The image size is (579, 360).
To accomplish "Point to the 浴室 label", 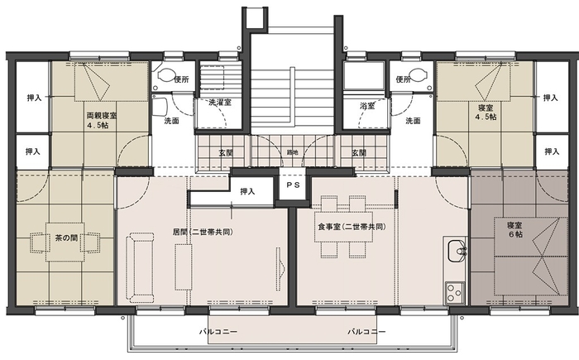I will tap(367, 107).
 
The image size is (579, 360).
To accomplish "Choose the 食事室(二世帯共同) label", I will tap(352, 226).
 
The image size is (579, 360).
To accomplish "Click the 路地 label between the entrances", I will tap(292, 153).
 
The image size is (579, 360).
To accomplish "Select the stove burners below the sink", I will tap(454, 291).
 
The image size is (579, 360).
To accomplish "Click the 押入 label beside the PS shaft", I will tap(246, 191).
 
